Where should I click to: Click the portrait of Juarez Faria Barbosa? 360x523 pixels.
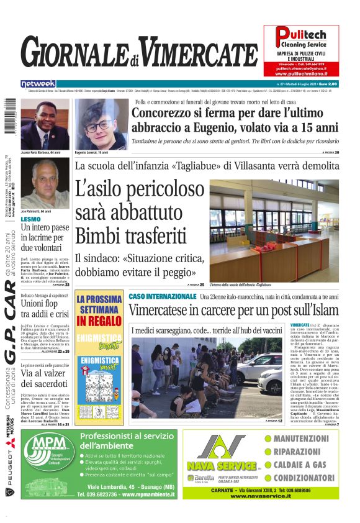(45, 124)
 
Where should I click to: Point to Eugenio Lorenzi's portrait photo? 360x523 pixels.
(99, 124)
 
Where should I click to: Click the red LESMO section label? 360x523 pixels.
(30, 219)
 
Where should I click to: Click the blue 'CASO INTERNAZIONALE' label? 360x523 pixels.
(163, 297)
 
